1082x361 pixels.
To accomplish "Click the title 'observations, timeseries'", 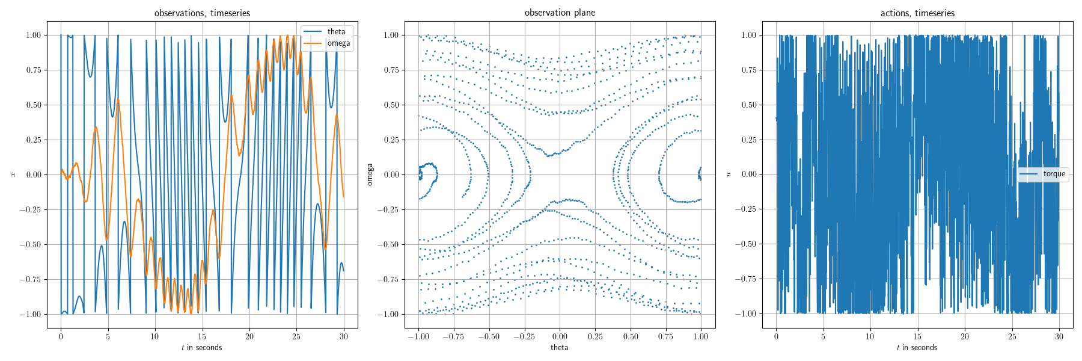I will [x=202, y=13].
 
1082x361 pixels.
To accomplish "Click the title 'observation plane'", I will [x=560, y=13].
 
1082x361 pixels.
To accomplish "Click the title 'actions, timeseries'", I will [x=917, y=13].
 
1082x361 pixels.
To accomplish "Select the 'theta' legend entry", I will [x=336, y=31].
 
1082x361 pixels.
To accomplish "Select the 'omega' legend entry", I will [x=338, y=43].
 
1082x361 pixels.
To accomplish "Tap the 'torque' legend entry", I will [x=1054, y=174].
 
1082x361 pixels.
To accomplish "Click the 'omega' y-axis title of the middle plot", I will [x=370, y=174].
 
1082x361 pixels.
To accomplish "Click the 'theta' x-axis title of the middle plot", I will [x=560, y=347].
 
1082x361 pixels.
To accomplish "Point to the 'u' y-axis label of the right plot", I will [x=729, y=174].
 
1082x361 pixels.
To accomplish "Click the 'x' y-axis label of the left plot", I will [x=13, y=174].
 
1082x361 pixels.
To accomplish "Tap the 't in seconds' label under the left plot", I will [x=202, y=347].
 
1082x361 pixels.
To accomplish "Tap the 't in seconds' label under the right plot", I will [x=917, y=347].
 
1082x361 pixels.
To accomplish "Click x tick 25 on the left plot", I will [x=296, y=336].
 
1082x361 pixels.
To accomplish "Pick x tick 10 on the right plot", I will [x=870, y=336].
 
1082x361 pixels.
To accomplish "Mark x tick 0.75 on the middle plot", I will [x=665, y=336].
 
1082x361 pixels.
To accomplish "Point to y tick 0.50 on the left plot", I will [x=33, y=105].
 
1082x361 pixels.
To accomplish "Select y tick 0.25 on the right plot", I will [x=748, y=140].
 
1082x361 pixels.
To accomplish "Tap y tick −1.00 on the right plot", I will [x=746, y=314].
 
